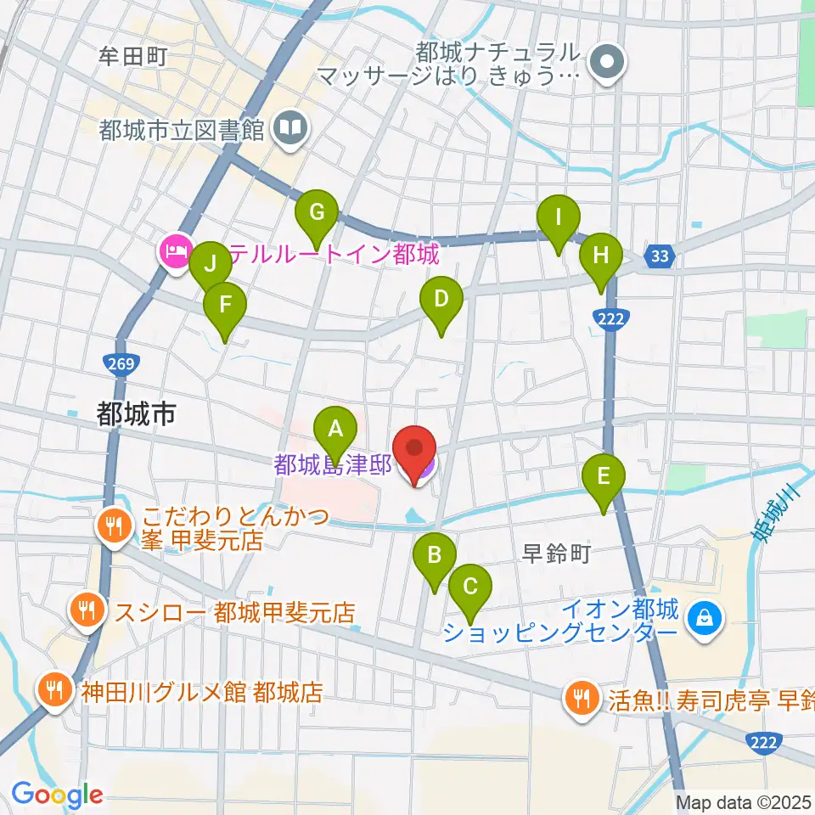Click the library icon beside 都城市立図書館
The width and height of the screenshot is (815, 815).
coord(289,129)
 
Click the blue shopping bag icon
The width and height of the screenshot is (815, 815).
coord(704,617)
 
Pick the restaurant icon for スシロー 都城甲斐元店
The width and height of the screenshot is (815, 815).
coord(86,609)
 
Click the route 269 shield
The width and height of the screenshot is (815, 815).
coord(121,364)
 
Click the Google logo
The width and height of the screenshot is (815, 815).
coord(57,794)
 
